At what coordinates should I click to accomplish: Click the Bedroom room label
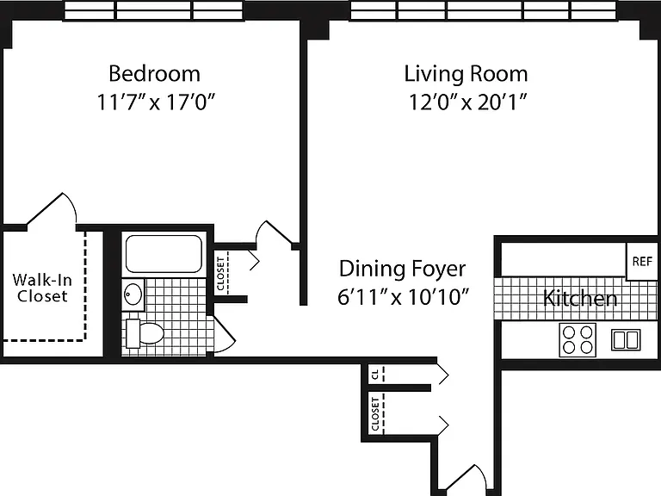pos(154,73)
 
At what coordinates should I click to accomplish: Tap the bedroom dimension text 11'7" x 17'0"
pos(156,102)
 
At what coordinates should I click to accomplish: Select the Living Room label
pos(466,74)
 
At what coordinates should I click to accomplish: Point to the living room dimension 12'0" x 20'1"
pos(468,102)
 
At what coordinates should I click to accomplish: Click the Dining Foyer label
pos(403,269)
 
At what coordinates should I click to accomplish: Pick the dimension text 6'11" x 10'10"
pos(403,297)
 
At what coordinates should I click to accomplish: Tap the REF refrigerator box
pos(641,262)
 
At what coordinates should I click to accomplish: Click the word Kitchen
pos(580,298)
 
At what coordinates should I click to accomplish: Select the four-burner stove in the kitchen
pos(578,340)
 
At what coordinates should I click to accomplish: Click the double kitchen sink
pos(626,340)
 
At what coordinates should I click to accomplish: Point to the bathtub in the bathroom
pos(164,253)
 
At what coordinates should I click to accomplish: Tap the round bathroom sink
pos(133,294)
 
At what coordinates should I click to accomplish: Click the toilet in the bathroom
pos(145,333)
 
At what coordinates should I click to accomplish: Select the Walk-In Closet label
pos(42,288)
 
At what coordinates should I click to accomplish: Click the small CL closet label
pos(375,373)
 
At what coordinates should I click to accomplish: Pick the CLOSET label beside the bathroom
pos(220,274)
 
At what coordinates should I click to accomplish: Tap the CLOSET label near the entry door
pos(375,414)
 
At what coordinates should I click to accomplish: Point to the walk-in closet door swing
pos(53,208)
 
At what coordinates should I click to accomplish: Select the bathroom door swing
pos(225,333)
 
